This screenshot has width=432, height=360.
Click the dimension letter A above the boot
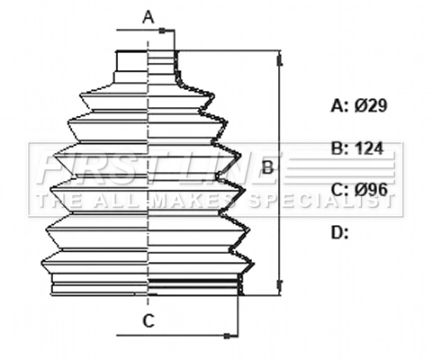[149, 15]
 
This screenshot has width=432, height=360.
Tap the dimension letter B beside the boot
[267, 167]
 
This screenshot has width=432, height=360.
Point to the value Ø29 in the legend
[371, 106]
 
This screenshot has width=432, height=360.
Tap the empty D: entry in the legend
[339, 233]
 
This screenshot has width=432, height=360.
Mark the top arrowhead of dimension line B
[280, 58]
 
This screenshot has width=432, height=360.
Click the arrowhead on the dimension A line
[163, 31]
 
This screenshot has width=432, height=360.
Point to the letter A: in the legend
[339, 106]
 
